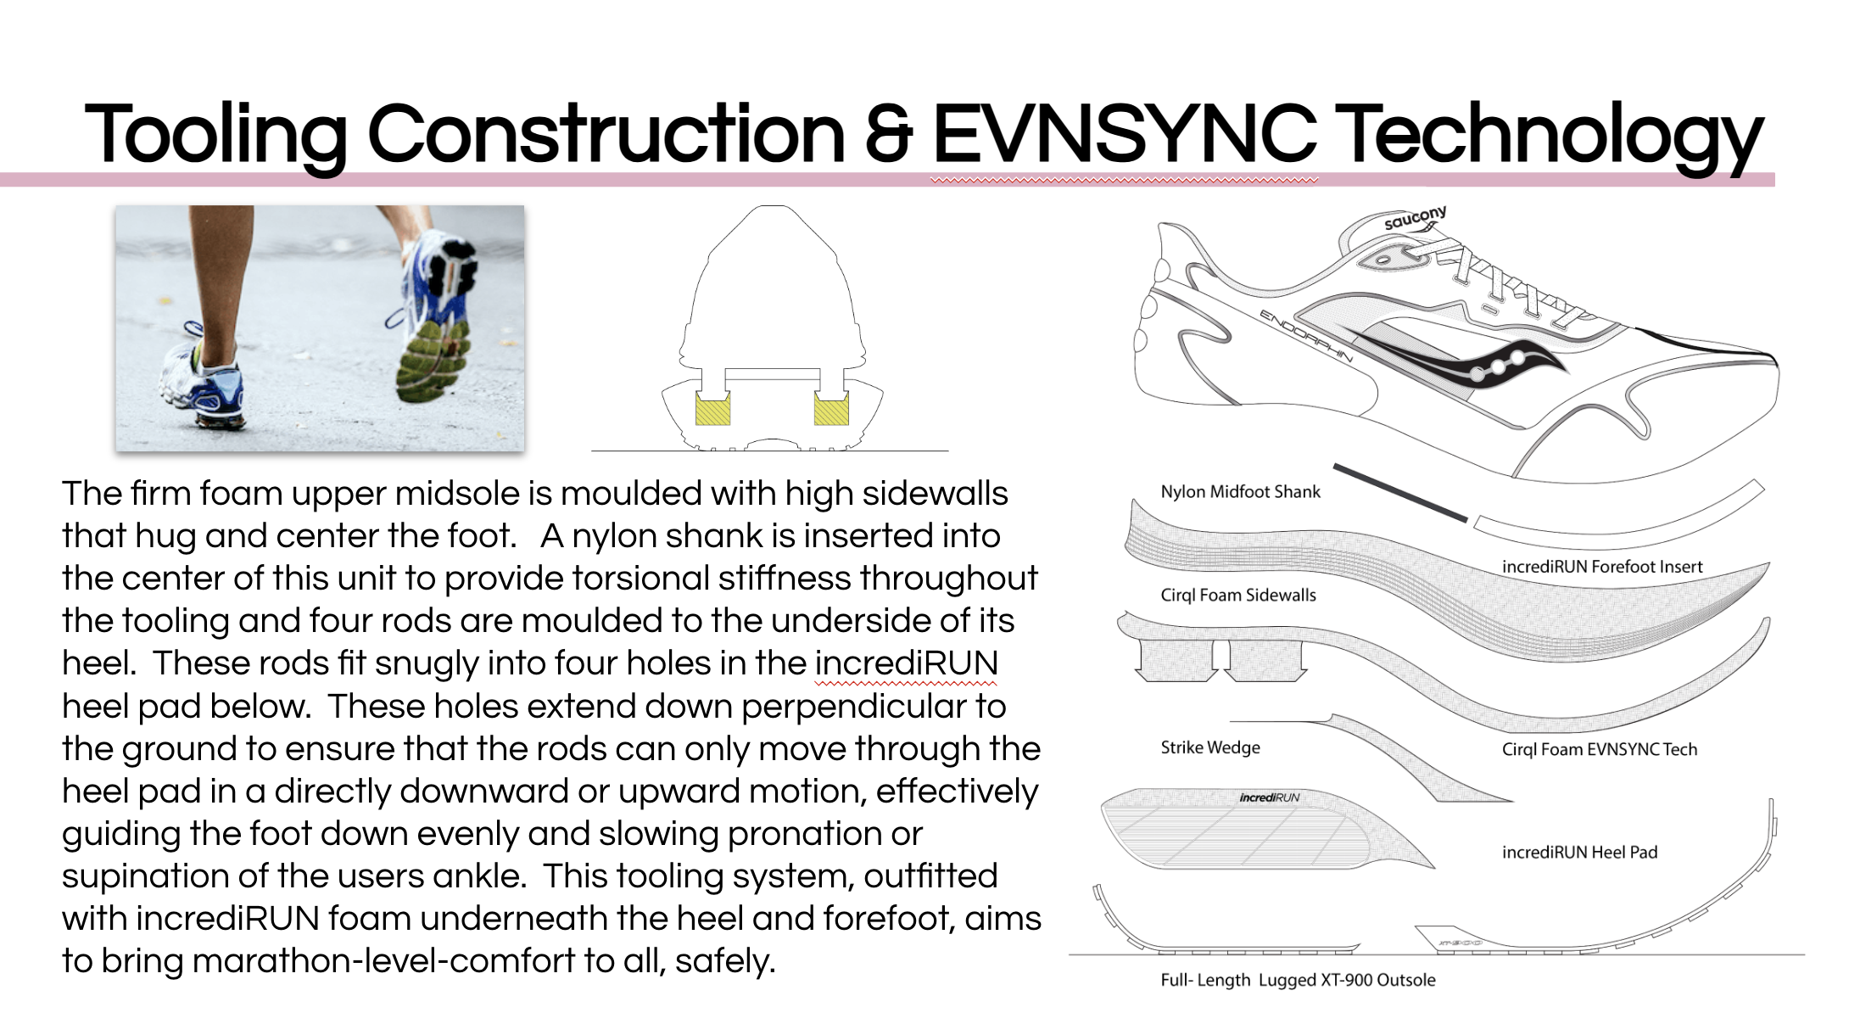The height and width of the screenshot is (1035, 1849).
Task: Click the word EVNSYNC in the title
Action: click(x=1125, y=134)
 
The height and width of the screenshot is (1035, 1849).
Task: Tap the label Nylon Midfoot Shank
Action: click(x=1240, y=492)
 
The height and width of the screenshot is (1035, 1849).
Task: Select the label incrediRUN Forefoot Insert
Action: click(x=1601, y=567)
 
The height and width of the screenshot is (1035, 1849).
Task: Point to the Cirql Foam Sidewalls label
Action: click(x=1238, y=596)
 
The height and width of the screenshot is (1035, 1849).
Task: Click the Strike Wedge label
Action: click(x=1209, y=747)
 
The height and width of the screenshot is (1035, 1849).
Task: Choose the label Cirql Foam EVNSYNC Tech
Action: click(x=1599, y=750)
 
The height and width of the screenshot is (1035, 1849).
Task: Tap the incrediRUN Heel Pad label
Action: click(x=1579, y=853)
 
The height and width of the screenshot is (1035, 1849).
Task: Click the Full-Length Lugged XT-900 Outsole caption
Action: click(x=1298, y=981)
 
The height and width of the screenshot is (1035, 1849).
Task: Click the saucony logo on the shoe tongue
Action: click(x=1414, y=218)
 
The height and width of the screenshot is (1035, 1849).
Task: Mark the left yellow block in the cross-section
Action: click(x=712, y=409)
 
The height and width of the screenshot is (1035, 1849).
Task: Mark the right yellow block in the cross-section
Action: click(x=831, y=409)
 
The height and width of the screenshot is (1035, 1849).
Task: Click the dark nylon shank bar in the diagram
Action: click(x=1399, y=492)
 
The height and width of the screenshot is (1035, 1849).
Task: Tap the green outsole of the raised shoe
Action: click(x=433, y=361)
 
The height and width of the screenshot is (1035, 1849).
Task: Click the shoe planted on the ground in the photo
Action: click(x=204, y=386)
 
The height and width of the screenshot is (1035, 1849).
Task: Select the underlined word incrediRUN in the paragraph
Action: click(x=906, y=663)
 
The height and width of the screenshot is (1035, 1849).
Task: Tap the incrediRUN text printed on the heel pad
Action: click(x=1269, y=797)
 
